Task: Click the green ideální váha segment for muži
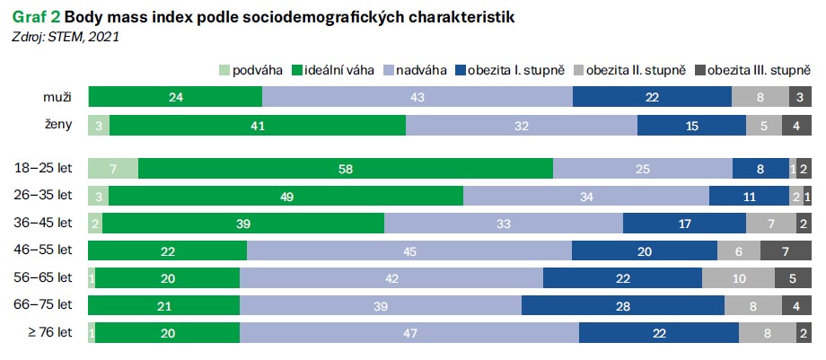coord(175,97)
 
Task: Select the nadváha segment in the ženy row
coord(522,126)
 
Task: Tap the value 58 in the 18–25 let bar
coord(346,168)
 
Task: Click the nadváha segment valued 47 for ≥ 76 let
coord(409,333)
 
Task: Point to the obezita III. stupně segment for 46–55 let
coord(786,250)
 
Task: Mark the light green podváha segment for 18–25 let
coord(113,168)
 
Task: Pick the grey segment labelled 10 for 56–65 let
coord(738,278)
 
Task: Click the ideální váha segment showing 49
coord(286,196)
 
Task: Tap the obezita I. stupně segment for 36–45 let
coord(684,224)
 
